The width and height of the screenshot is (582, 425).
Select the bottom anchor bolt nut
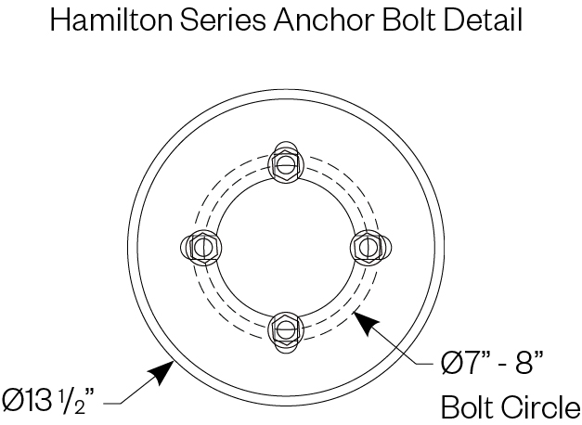point(284,328)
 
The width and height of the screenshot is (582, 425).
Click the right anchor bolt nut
point(366,247)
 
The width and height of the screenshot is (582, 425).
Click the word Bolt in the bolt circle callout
point(464,407)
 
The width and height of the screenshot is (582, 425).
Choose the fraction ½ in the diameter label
point(77,401)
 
